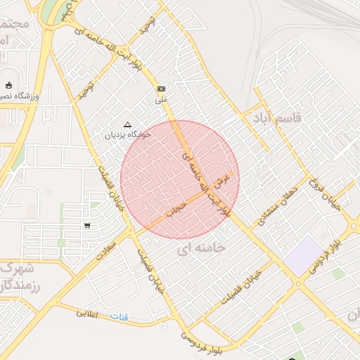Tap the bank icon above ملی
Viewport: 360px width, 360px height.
pos(162,89)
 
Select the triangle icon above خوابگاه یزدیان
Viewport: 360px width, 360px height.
pos(127,124)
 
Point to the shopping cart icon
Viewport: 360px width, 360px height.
pos(87,226)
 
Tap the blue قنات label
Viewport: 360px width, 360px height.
pos(119,317)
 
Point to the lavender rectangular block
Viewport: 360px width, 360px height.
pos(304,256)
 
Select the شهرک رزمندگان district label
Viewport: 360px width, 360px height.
pos(20,277)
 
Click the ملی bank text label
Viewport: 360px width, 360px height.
pos(162,99)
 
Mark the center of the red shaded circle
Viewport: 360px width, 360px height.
pos(180,180)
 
